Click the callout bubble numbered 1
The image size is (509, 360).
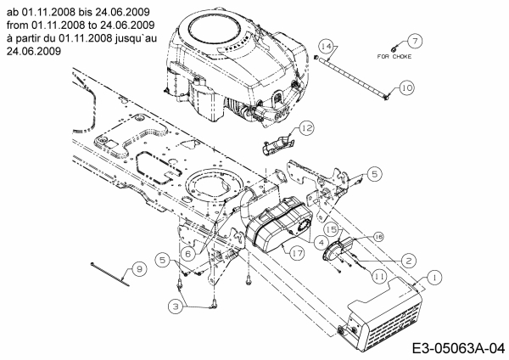(x=433, y=276)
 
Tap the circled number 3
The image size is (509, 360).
(x=176, y=305)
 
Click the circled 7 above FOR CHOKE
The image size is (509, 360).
(x=415, y=41)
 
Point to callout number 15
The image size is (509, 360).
(x=333, y=229)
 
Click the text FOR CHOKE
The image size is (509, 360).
(x=396, y=57)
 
